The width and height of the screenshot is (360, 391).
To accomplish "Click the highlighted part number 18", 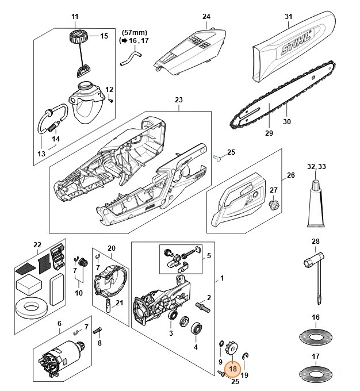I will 233,369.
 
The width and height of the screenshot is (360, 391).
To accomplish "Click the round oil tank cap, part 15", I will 75,40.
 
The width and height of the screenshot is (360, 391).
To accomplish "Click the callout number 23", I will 178,100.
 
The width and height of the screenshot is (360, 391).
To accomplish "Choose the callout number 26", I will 290,175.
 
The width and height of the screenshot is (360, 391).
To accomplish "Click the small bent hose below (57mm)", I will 130,57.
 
